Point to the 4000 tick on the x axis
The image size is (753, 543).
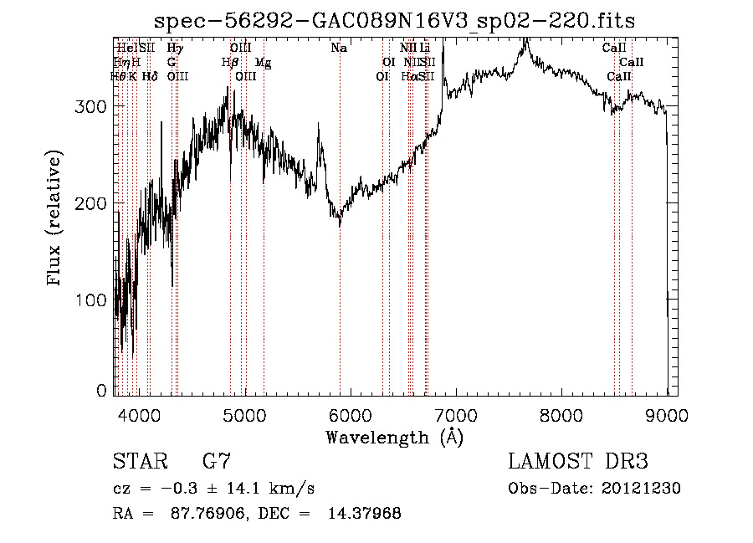pyautogui.click(x=138, y=412)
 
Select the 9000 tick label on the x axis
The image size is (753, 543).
pyautogui.click(x=666, y=412)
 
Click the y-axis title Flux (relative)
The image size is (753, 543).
pyautogui.click(x=56, y=220)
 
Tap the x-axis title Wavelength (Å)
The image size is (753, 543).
pyautogui.click(x=394, y=437)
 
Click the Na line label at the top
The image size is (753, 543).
pyautogui.click(x=339, y=49)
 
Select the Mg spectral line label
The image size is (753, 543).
pyautogui.click(x=263, y=63)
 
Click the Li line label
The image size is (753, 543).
pyautogui.click(x=424, y=49)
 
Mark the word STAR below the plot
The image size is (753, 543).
pyautogui.click(x=140, y=462)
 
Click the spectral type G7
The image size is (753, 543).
pyautogui.click(x=216, y=462)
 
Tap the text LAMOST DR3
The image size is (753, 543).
pyautogui.click(x=578, y=462)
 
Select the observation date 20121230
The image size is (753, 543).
pyautogui.click(x=642, y=489)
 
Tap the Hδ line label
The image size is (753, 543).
pyautogui.click(x=150, y=76)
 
